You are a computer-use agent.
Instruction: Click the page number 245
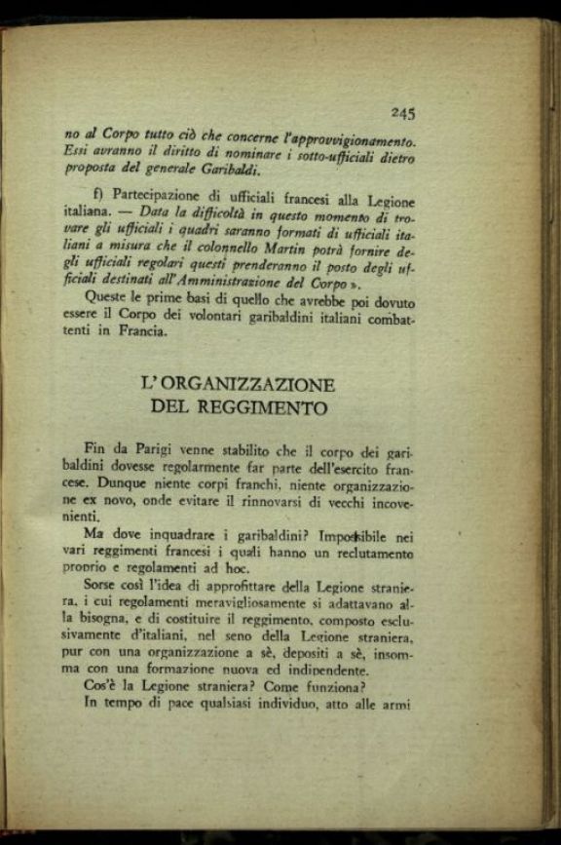point(403,112)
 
